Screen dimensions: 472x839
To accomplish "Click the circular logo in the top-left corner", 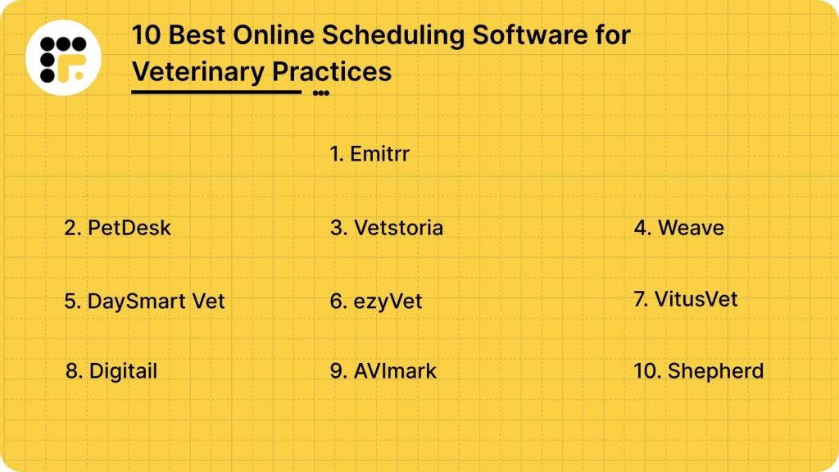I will pyautogui.click(x=64, y=57).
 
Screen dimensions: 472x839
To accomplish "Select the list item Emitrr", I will pyautogui.click(x=369, y=153).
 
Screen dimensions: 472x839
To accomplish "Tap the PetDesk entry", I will pyautogui.click(x=118, y=227).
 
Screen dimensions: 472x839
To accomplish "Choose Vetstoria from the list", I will pyautogui.click(x=387, y=227).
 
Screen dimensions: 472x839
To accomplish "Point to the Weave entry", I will pyautogui.click(x=678, y=227).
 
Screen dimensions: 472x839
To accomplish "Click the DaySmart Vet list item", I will pyautogui.click(x=144, y=301).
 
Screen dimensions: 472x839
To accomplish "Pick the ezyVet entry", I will pyautogui.click(x=376, y=301).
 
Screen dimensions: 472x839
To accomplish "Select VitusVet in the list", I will pyautogui.click(x=685, y=298).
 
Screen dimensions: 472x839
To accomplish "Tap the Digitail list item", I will pyautogui.click(x=111, y=371).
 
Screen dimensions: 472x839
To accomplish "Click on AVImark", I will pyautogui.click(x=383, y=371).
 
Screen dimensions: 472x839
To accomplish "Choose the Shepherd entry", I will pyautogui.click(x=698, y=370).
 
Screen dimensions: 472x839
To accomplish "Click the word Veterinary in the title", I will pyautogui.click(x=198, y=72).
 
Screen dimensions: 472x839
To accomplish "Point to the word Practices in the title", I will pyautogui.click(x=332, y=72).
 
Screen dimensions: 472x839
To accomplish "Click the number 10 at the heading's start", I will pyautogui.click(x=145, y=37).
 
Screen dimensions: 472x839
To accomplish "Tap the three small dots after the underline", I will pyautogui.click(x=320, y=93).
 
